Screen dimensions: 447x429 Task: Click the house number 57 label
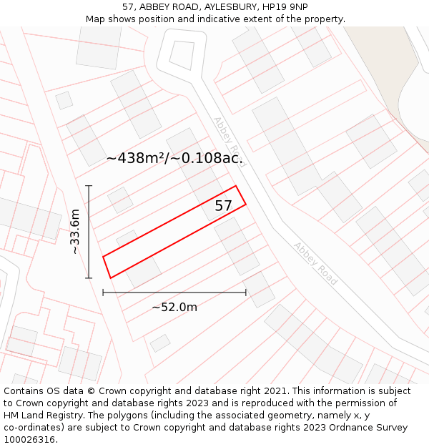pos(224,206)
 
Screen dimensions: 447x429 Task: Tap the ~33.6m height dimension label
pos(75,232)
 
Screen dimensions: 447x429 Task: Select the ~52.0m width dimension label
pos(174,307)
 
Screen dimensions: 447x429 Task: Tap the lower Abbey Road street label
pos(315,264)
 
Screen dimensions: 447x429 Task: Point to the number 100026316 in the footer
pos(28,440)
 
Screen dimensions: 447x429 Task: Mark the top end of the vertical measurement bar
pos(89,186)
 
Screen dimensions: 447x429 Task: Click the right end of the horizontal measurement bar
pos(246,292)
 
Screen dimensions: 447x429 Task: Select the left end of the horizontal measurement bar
pos(103,292)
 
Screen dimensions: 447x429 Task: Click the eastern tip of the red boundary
pos(246,205)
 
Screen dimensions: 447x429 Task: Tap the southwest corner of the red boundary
pos(110,277)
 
